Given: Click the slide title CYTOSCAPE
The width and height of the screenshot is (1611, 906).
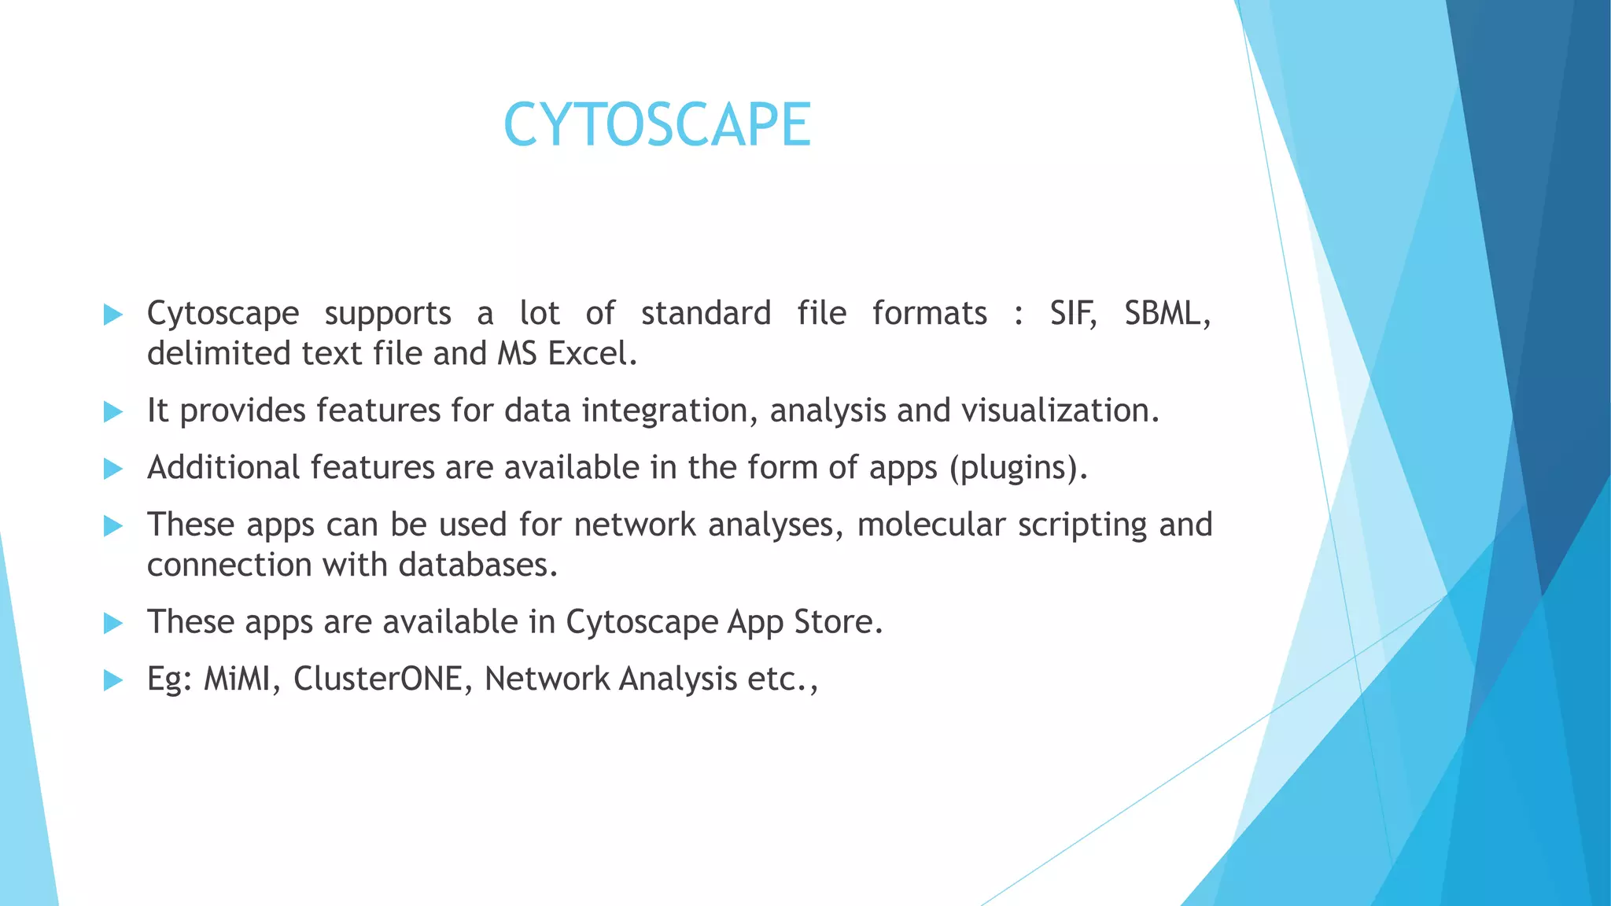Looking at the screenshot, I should point(657,125).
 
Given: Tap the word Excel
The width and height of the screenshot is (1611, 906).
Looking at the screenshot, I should point(592,354).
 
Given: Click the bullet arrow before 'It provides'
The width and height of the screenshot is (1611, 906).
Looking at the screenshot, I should point(113,411).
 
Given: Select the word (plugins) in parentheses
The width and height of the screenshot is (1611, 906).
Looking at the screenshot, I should point(1018,469).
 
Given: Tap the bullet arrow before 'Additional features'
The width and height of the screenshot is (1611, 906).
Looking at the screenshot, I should point(113,470).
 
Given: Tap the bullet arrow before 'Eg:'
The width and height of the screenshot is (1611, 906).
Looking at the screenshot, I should point(113,680).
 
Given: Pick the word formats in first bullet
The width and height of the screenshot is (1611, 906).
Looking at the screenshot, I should point(929,314).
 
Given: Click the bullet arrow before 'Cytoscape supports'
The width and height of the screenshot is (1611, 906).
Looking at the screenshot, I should point(113,315).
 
